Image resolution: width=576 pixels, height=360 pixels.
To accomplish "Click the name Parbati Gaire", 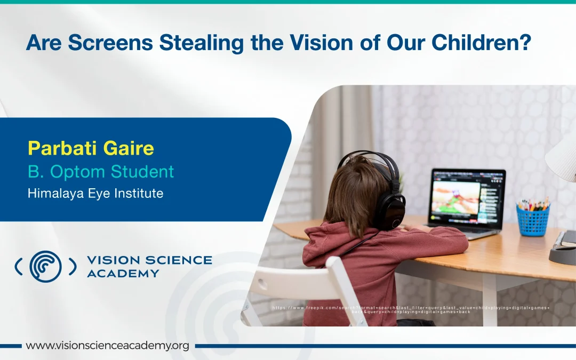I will coord(91,148).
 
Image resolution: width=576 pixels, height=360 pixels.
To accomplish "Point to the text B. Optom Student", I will coord(101,172).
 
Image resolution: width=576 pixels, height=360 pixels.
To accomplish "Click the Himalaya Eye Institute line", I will coord(95,193).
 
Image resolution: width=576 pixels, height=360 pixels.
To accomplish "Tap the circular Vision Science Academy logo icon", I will coord(45,266).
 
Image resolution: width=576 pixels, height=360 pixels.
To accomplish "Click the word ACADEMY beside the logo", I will coord(123,274).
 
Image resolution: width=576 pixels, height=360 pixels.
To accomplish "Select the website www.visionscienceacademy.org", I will coord(107,346).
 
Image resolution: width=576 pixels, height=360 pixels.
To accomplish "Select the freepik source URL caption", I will coord(411,309).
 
